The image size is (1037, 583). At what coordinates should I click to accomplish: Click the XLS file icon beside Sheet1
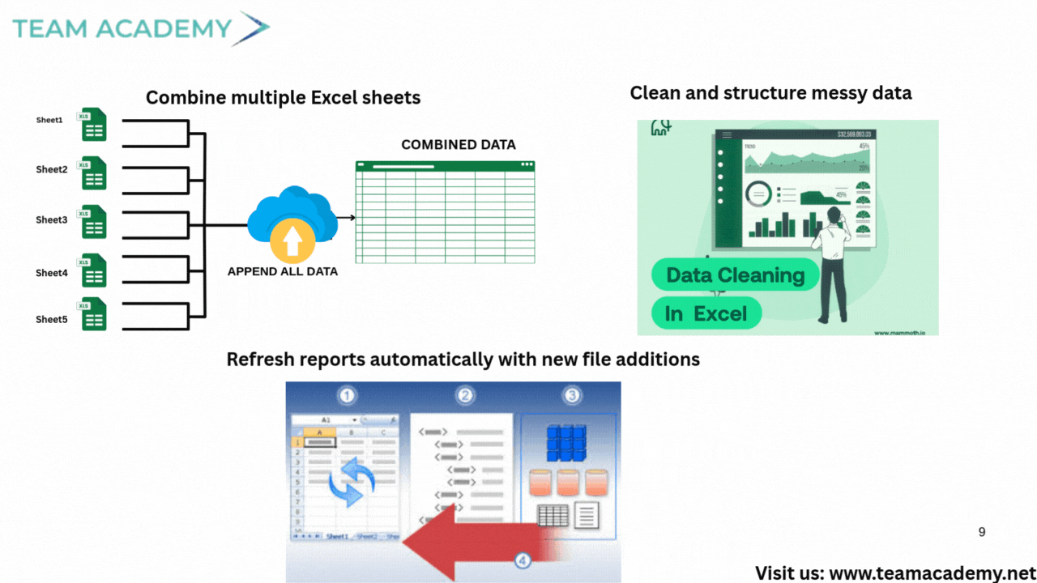point(94,125)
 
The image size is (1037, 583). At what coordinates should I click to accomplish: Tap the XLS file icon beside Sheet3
point(94,221)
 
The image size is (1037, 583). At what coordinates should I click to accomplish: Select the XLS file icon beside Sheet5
point(94,313)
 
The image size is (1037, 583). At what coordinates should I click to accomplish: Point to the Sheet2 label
point(52,170)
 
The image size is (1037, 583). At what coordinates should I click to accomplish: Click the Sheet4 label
point(52,273)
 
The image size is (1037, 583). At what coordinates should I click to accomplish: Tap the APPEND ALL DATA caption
point(283,272)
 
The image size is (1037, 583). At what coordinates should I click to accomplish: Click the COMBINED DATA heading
point(459,145)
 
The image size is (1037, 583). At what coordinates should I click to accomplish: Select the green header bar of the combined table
point(445,165)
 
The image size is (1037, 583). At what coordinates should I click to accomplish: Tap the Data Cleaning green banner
point(736,275)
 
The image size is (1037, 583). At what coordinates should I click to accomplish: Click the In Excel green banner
point(706,313)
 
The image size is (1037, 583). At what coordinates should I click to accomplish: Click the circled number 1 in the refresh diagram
point(348,396)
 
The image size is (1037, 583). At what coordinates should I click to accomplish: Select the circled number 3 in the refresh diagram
point(572,396)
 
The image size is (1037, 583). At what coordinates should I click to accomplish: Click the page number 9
point(982,532)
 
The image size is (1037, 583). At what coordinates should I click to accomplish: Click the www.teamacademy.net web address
point(932,573)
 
